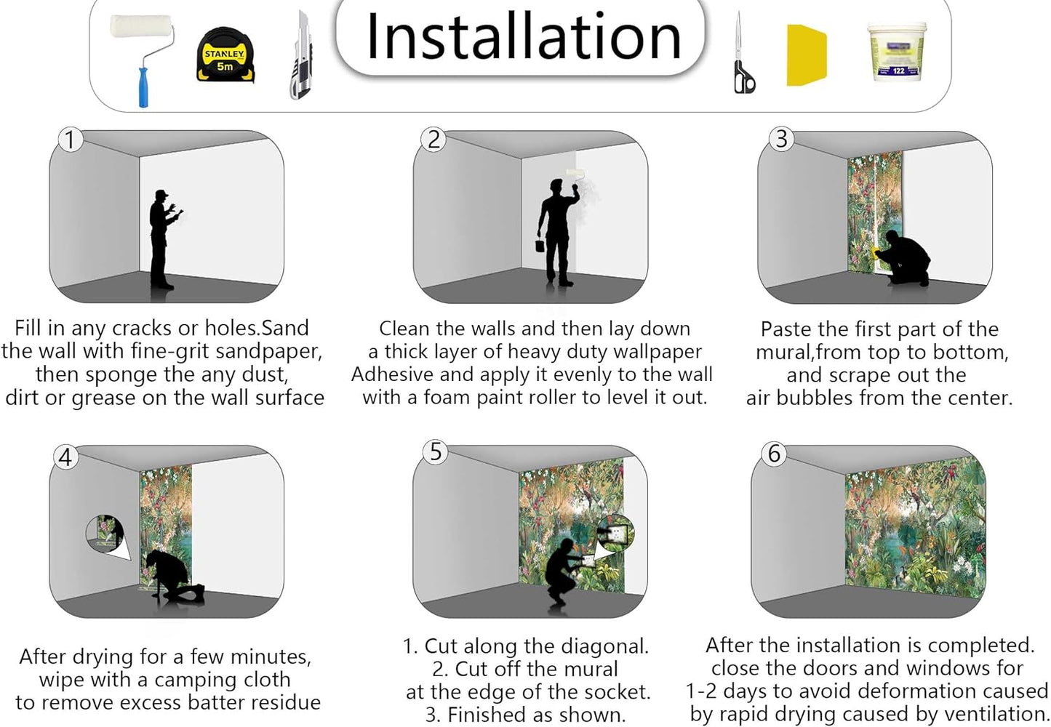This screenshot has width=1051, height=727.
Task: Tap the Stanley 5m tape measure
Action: [x=225, y=55]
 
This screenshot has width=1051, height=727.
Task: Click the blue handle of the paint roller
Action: [x=143, y=88]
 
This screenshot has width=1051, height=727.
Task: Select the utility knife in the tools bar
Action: [x=300, y=55]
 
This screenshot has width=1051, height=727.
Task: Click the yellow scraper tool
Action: [x=806, y=55]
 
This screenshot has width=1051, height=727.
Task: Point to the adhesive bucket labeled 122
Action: [x=897, y=52]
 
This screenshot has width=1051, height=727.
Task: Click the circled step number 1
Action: [x=71, y=140]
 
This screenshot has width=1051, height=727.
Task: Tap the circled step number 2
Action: [x=433, y=140]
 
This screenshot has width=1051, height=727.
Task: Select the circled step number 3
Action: [x=781, y=139]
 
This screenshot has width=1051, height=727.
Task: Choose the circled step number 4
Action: [x=65, y=457]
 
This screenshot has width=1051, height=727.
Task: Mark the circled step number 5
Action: [x=436, y=451]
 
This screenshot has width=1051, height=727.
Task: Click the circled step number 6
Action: [x=774, y=454]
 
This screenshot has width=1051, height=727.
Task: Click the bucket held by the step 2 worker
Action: [x=540, y=245]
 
